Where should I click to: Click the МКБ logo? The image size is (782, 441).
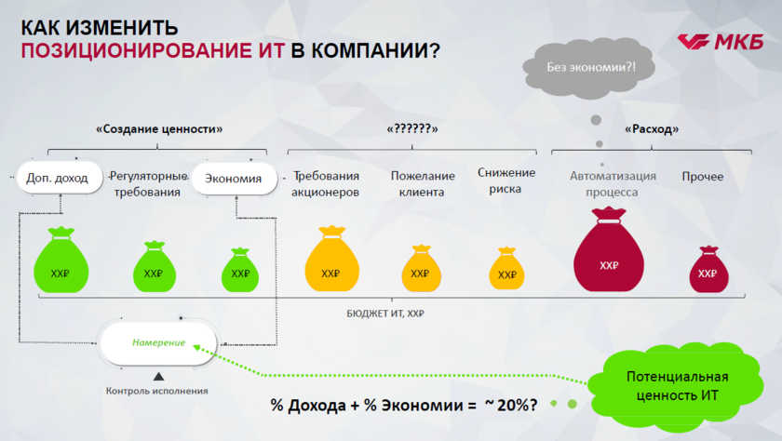tap(721, 42)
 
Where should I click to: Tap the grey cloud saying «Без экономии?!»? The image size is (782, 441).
tap(589, 69)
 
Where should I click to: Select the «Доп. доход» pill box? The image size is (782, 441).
tap(60, 178)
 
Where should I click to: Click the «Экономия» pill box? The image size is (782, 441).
tap(234, 179)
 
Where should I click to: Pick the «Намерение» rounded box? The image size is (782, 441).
tap(158, 342)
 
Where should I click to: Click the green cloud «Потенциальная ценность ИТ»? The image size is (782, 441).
tap(676, 386)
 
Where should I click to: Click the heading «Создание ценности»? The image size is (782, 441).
tap(159, 129)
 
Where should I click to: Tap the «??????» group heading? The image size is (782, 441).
tap(412, 129)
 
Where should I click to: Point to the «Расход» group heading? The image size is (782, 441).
tap(652, 129)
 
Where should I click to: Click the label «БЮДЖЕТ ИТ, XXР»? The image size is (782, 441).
tap(385, 314)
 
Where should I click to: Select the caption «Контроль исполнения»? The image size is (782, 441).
tap(156, 391)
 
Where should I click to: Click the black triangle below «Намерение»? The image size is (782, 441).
tap(158, 376)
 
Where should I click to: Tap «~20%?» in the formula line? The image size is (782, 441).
tap(511, 405)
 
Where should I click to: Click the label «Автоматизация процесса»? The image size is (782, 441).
tap(613, 184)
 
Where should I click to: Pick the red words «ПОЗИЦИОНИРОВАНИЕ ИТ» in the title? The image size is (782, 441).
tap(153, 51)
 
